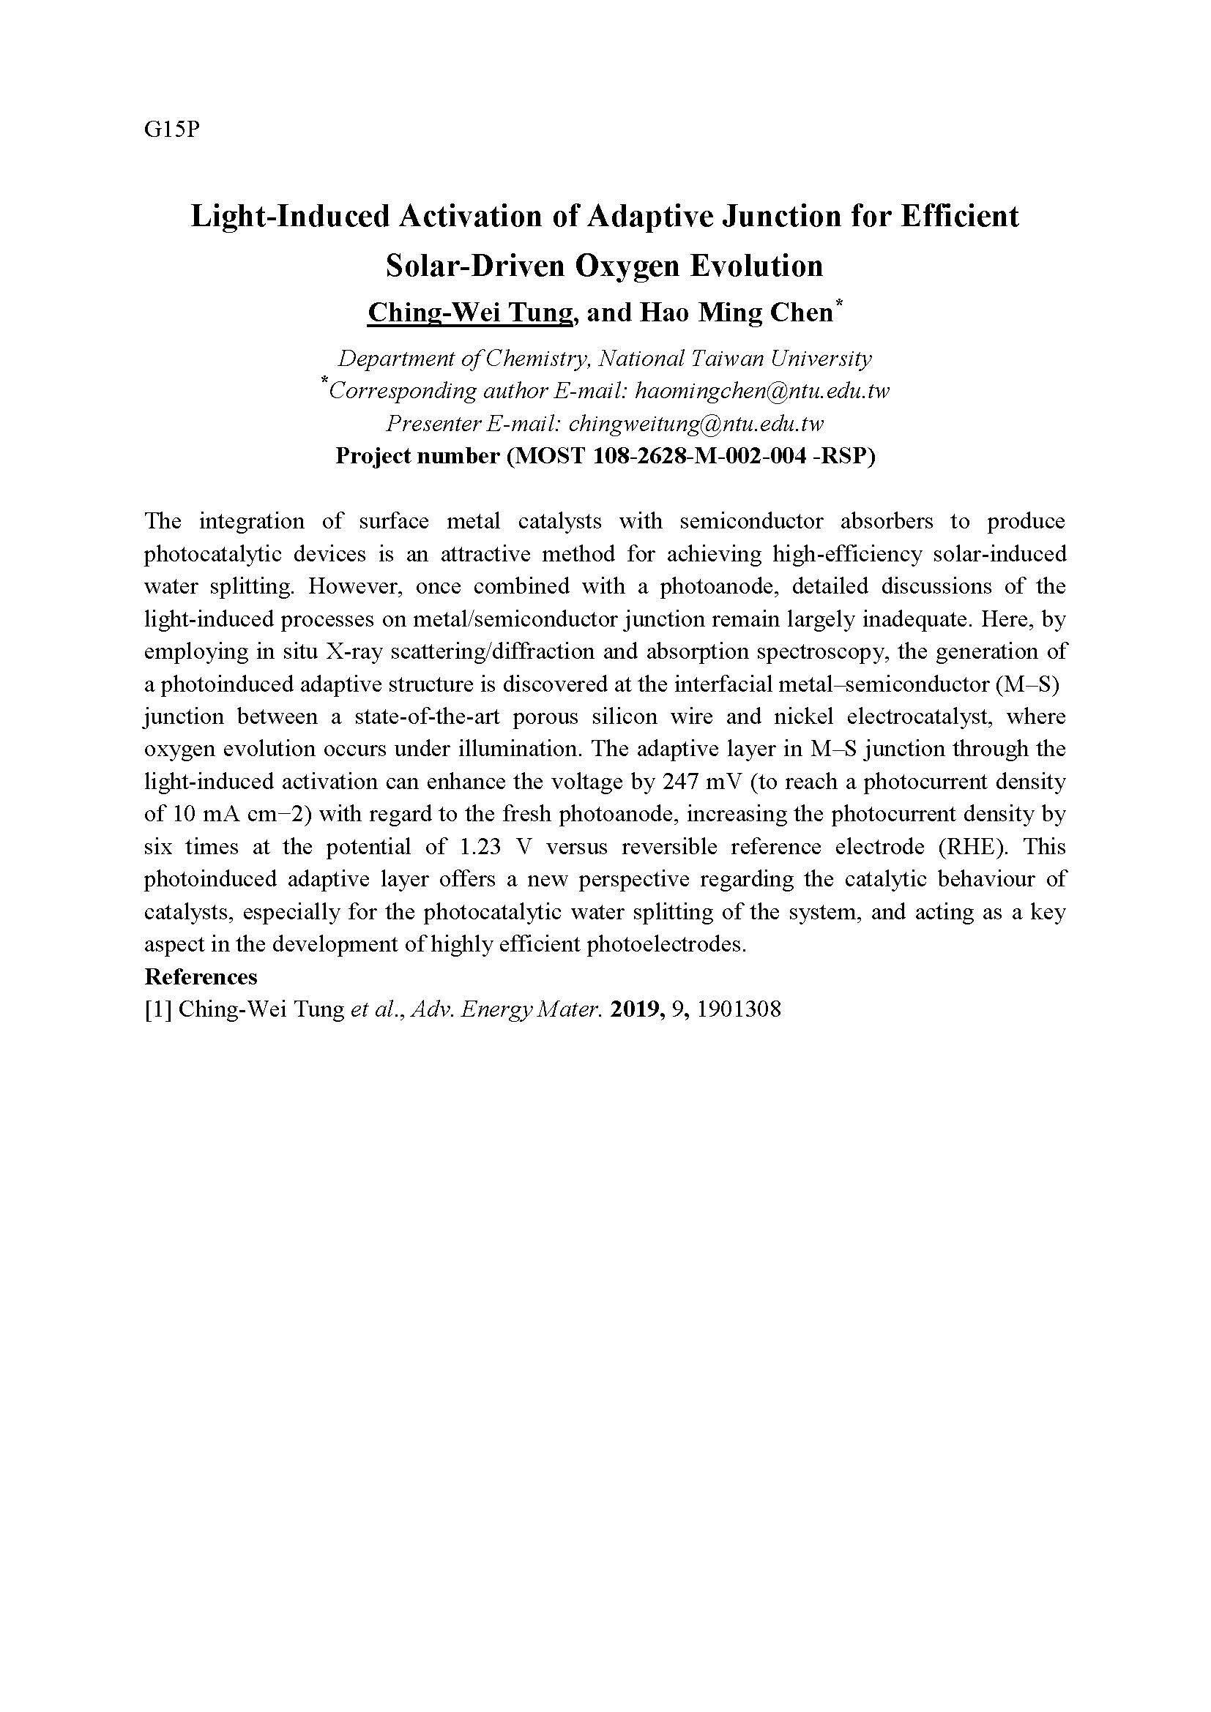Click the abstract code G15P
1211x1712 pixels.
[172, 130]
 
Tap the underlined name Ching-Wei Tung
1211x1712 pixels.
[470, 313]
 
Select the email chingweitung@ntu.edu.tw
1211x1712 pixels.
[696, 424]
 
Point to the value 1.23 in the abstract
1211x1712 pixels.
[476, 847]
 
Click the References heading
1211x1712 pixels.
[201, 977]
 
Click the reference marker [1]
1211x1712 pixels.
[158, 1009]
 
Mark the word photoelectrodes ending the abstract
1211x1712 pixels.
[666, 945]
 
